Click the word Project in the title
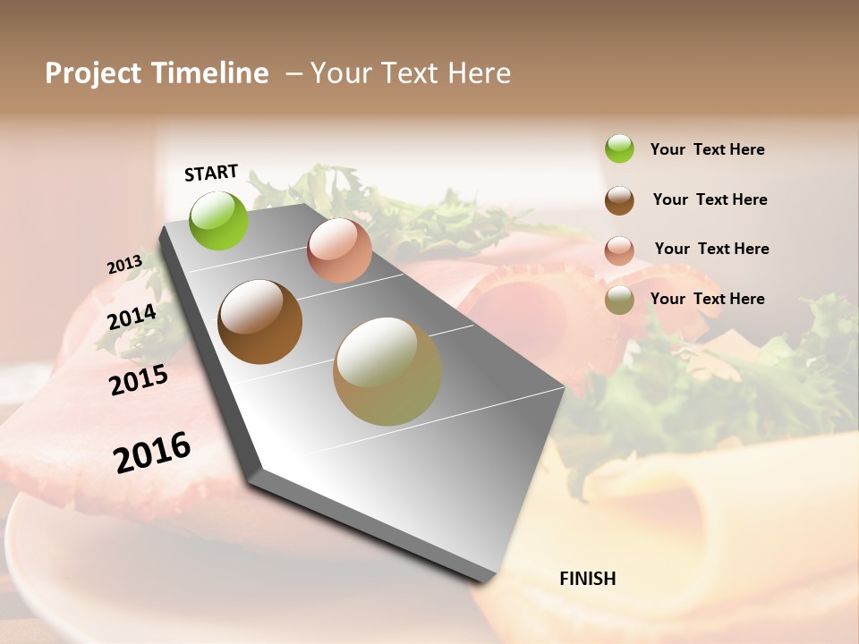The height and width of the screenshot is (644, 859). coord(92,73)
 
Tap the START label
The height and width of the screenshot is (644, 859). coord(211,173)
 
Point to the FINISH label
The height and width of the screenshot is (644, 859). coord(588,579)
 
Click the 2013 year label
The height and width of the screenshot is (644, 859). coord(124,265)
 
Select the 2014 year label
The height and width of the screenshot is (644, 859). coord(132,317)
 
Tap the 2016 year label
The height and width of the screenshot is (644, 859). coord(152,452)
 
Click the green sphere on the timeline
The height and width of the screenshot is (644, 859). coord(218,221)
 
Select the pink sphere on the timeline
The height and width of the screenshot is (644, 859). coord(339,250)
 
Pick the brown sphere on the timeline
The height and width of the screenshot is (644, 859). coord(259,322)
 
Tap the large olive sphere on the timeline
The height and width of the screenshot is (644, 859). coord(387,371)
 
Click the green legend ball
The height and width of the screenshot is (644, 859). coord(619,148)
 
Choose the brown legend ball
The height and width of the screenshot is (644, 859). coord(619,200)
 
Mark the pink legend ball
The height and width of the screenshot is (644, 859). coord(619,250)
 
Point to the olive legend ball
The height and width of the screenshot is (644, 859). coord(619,301)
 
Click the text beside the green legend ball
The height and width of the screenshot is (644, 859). coord(707,150)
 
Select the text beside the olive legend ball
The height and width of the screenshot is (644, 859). coord(707,299)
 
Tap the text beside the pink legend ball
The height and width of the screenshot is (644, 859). coord(711,249)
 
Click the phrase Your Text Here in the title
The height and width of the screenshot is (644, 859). coord(411,73)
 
